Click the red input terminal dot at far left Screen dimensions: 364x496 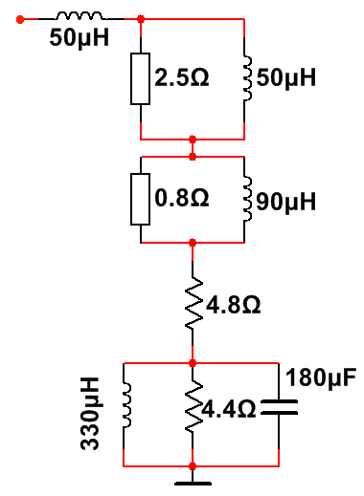(x=20, y=19)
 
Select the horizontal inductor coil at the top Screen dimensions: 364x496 (x=80, y=16)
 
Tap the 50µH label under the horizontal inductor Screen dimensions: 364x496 (x=80, y=37)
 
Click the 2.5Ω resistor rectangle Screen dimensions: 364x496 (x=140, y=78)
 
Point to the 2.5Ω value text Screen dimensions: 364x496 (x=182, y=77)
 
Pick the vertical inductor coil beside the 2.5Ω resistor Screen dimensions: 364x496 (x=247, y=78)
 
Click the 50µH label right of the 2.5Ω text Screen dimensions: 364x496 (x=286, y=77)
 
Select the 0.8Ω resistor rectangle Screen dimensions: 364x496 (x=140, y=199)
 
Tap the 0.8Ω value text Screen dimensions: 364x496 (x=182, y=198)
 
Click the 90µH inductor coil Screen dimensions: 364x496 (x=247, y=199)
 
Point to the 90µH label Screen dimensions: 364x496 (x=286, y=202)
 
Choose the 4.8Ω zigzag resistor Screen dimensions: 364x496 (x=193, y=303)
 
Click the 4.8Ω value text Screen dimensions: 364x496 (x=234, y=305)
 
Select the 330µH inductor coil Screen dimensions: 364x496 (x=127, y=405)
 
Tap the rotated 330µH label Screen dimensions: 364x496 (x=90, y=414)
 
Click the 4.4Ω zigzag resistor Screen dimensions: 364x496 (x=193, y=406)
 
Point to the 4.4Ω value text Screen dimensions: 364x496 (x=229, y=409)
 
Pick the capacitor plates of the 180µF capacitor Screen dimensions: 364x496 (x=279, y=407)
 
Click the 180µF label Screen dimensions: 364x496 (x=321, y=377)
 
